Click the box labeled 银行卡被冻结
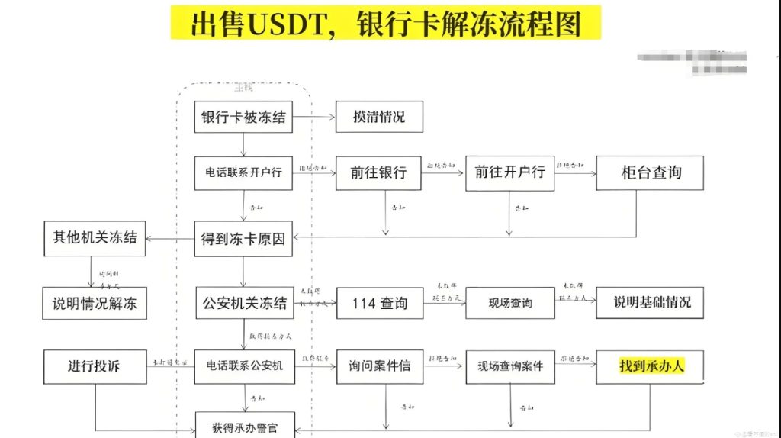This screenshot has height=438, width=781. pyautogui.click(x=243, y=118)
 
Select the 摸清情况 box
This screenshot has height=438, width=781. pyautogui.click(x=379, y=118)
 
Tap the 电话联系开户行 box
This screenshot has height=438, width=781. pyautogui.click(x=243, y=172)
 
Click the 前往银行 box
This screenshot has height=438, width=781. pyautogui.click(x=379, y=172)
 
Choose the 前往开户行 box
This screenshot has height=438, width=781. pyautogui.click(x=509, y=172)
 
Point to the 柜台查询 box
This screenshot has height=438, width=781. pyautogui.click(x=650, y=172)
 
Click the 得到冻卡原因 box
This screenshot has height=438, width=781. pyautogui.click(x=243, y=238)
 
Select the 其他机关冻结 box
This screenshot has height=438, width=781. pyautogui.click(x=95, y=237)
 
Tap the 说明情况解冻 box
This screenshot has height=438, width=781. pyautogui.click(x=95, y=303)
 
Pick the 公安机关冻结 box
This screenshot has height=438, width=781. pyautogui.click(x=243, y=303)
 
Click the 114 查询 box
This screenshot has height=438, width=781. pyautogui.click(x=379, y=303)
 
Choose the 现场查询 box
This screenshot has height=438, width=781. pyautogui.click(x=509, y=303)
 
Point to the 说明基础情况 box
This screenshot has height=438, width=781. pyautogui.click(x=650, y=302)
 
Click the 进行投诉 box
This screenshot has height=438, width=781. pyautogui.click(x=95, y=366)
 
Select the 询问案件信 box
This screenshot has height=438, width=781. pyautogui.click(x=379, y=366)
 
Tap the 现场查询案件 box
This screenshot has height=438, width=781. pyautogui.click(x=509, y=366)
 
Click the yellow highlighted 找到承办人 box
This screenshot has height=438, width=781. pyautogui.click(x=650, y=366)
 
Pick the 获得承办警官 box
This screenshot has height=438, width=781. pyautogui.click(x=243, y=426)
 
